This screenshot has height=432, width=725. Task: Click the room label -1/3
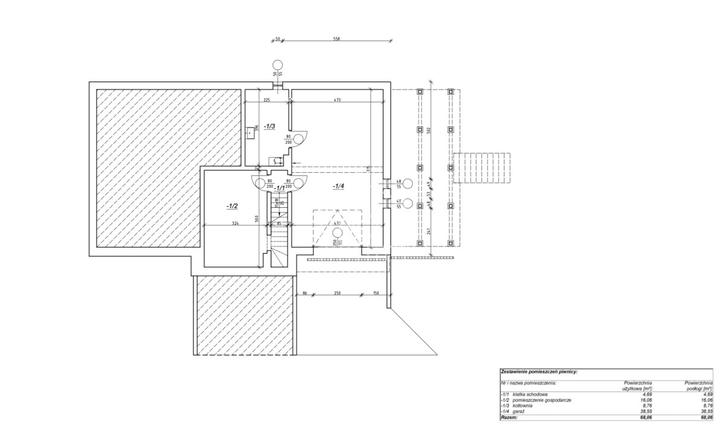269,126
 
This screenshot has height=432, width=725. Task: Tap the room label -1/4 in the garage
338,187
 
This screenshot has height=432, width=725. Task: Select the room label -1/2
232,206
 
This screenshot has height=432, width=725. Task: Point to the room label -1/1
280,188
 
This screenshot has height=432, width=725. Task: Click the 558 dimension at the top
337,38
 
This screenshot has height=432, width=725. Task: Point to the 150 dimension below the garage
375,294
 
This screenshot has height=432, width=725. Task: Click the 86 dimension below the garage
305,294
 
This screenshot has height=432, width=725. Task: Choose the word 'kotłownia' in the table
524,405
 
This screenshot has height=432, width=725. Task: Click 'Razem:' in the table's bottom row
510,417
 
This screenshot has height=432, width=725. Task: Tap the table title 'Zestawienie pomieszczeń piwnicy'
539,372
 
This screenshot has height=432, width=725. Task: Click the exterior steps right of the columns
482,169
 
